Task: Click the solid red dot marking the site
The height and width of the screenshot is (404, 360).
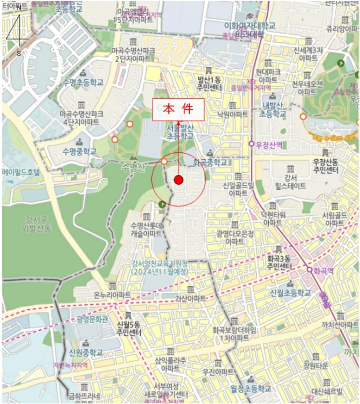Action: click(x=179, y=181)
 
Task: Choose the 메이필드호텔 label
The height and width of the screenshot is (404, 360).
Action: click(x=22, y=172)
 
